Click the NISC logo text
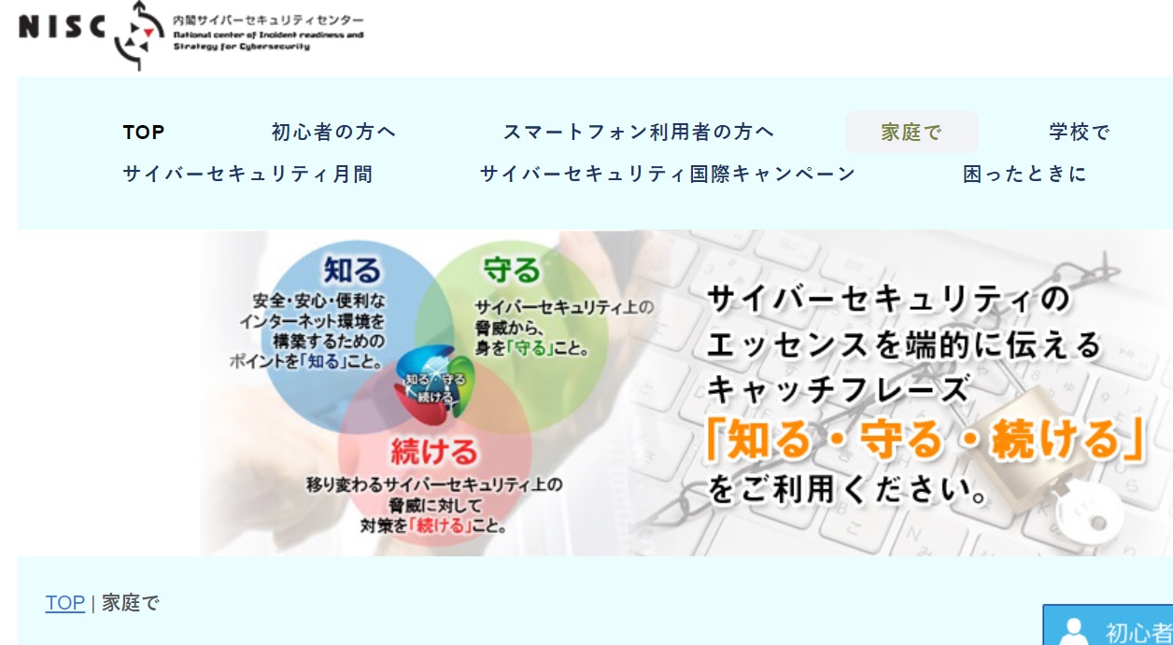point(62,27)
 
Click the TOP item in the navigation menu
point(144,133)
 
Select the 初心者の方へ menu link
point(333,132)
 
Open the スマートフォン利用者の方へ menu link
point(639,132)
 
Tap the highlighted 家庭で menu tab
point(912,132)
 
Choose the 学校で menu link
point(1080,132)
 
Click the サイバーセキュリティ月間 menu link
point(247,174)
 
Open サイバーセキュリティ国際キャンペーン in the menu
point(668,174)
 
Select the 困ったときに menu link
point(1025,174)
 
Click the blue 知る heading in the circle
point(352,270)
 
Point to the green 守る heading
point(511,270)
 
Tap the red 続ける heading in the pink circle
point(434,452)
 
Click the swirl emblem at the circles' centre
point(434,386)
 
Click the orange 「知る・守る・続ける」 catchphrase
point(925,439)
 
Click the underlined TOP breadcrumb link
point(65,603)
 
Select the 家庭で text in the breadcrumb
point(130,603)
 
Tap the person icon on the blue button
point(1073,632)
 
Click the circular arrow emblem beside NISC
point(137,35)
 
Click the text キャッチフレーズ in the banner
point(838,390)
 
